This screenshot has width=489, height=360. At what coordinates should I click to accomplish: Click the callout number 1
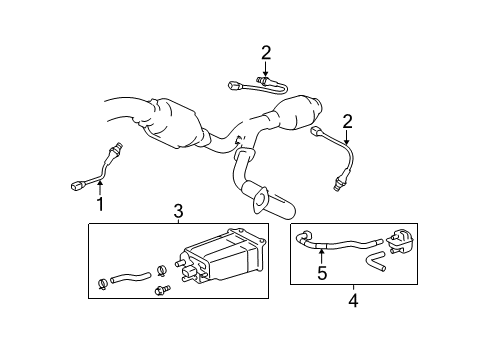100,204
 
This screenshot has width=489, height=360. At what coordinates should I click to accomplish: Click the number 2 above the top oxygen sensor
266,52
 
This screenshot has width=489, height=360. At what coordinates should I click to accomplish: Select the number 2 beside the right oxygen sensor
348,121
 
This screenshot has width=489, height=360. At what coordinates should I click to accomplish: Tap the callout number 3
178,211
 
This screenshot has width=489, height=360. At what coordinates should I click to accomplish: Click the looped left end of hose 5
306,237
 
